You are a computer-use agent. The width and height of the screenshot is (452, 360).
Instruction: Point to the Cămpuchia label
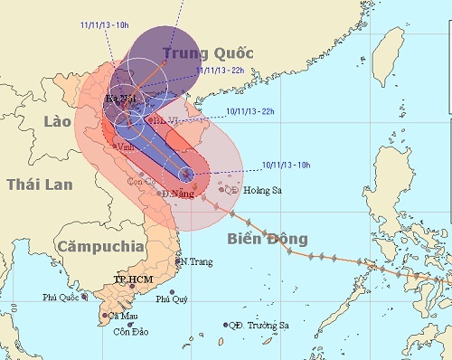pyautogui.click(x=99, y=245)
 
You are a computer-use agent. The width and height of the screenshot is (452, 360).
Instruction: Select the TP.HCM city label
pyautogui.click(x=131, y=280)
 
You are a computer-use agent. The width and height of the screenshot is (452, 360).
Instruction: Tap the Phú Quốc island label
pyautogui.click(x=61, y=298)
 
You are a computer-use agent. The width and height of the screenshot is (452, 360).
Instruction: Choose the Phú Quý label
pyautogui.click(x=172, y=299)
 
